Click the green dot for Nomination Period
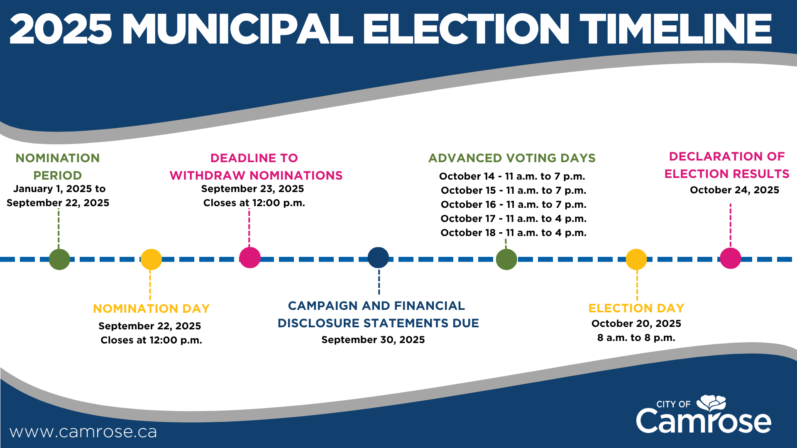tap(59, 259)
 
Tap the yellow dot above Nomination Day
tap(151, 259)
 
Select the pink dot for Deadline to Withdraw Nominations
tap(250, 258)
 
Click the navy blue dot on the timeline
tap(378, 258)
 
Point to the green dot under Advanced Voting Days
tap(506, 259)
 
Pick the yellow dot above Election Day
tap(636, 259)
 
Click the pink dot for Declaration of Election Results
tap(731, 258)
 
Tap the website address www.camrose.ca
tap(83, 432)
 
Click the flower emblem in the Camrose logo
tap(711, 404)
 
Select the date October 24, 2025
tap(734, 190)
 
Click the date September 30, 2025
tap(373, 340)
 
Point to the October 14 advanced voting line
tap(512, 176)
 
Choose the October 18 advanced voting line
tap(513, 233)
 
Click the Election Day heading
tap(636, 308)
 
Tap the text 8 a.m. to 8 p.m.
tap(636, 338)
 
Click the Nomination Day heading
tap(152, 309)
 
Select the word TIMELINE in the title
tap(676, 29)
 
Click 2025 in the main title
tap(61, 29)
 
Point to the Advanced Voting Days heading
tap(512, 158)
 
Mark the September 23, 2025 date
tap(252, 189)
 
